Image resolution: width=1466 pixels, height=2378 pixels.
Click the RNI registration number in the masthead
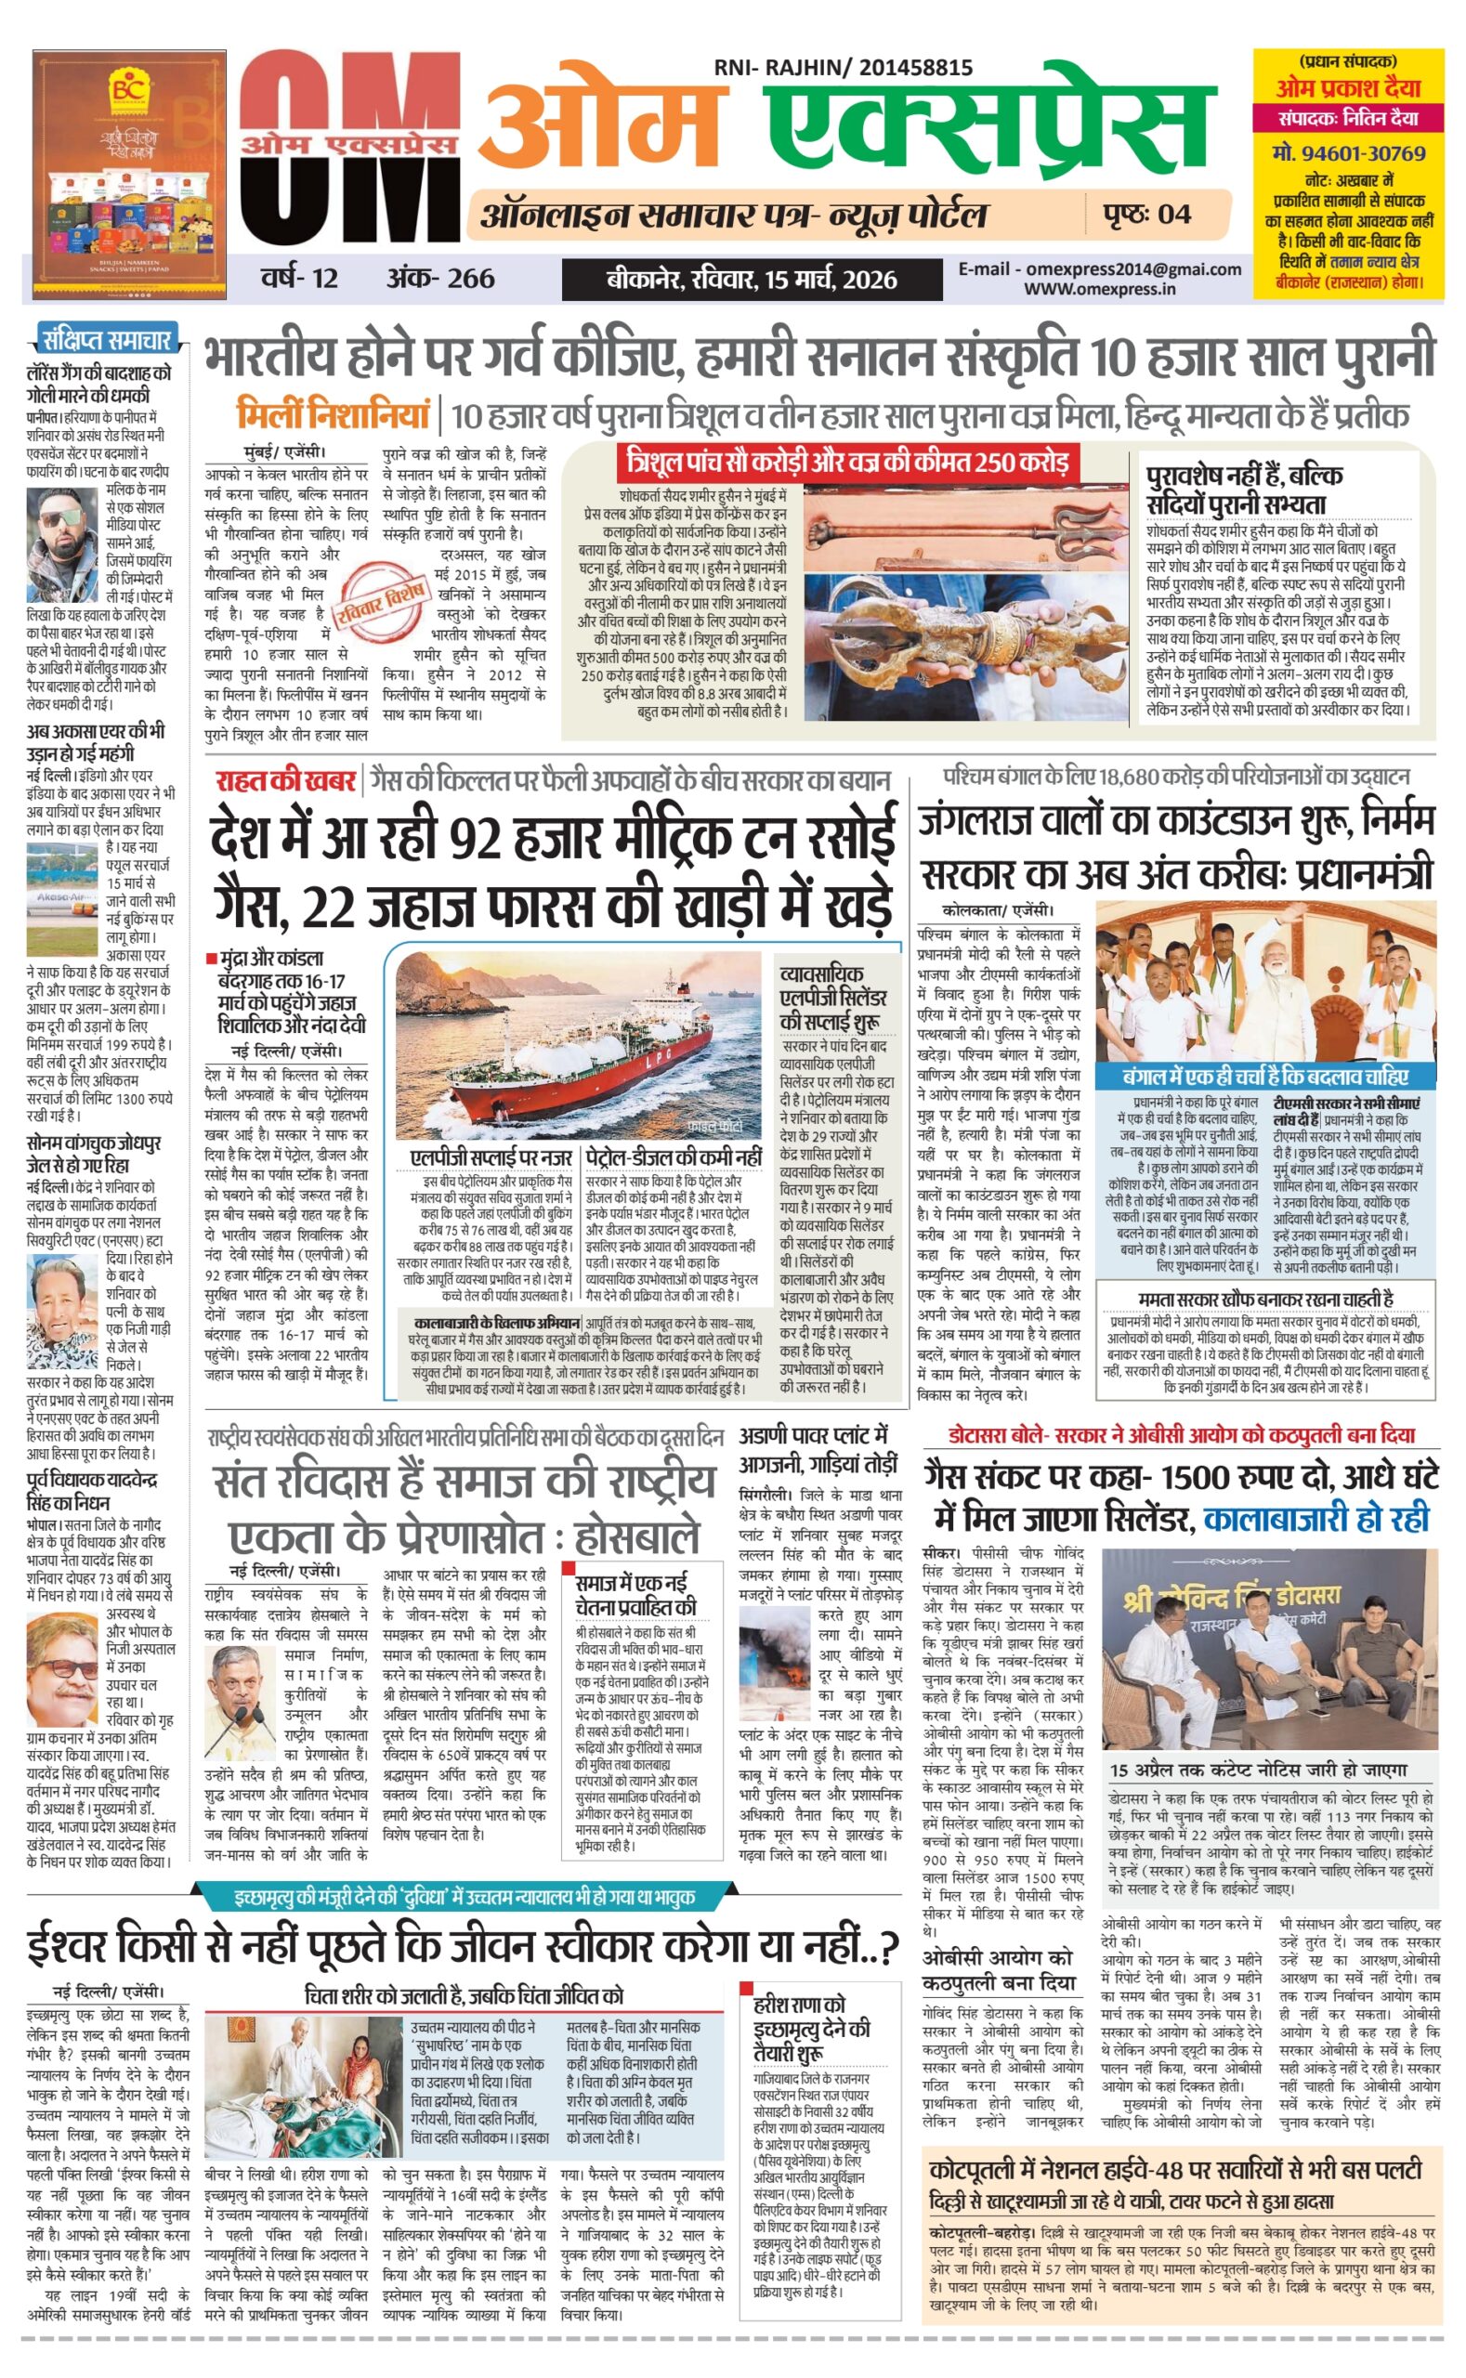click(843, 67)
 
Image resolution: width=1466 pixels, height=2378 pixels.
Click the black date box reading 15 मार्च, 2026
click(752, 281)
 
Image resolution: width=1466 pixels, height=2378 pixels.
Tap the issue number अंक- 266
click(440, 280)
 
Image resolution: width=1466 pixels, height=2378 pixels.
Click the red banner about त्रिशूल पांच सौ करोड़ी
click(846, 462)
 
